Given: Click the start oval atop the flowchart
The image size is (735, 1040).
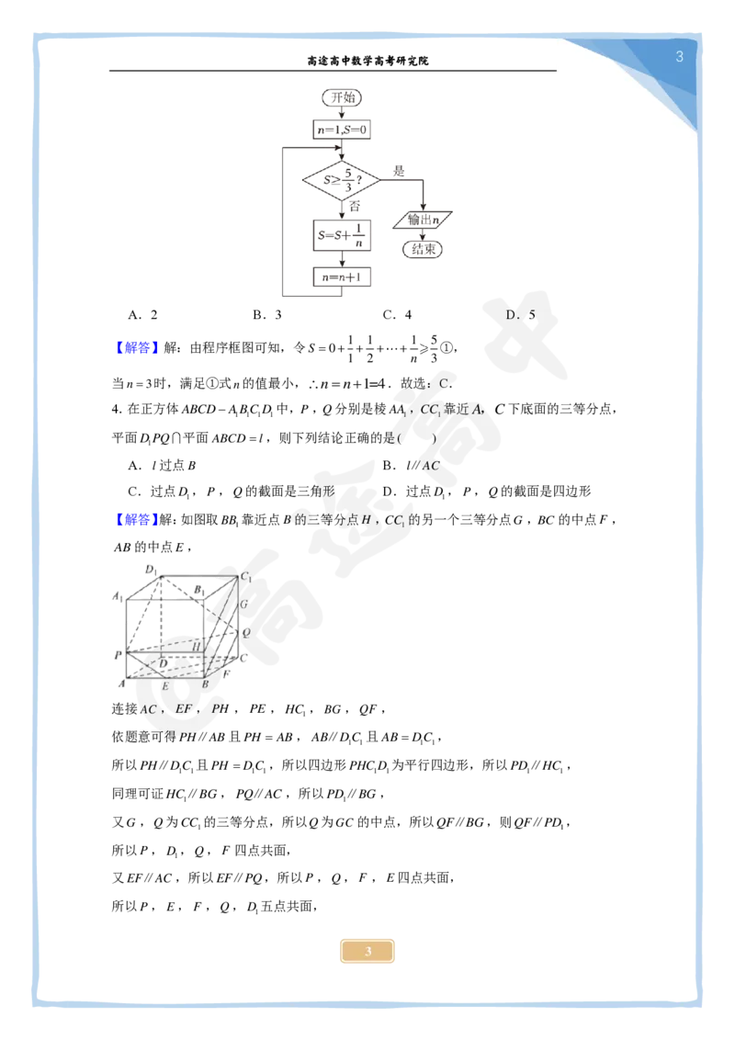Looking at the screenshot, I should click(x=341, y=96).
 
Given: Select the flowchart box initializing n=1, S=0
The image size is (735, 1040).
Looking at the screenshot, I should click(x=341, y=131).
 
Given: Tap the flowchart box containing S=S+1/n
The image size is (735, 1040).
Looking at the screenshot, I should click(x=342, y=235).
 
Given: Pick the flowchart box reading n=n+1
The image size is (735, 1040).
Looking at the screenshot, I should click(x=342, y=277).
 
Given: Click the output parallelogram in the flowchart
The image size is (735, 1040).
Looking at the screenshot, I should click(x=423, y=220).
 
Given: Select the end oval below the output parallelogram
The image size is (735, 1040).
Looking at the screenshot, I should click(x=423, y=249).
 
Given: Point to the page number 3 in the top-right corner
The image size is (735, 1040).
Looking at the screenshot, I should click(x=679, y=57).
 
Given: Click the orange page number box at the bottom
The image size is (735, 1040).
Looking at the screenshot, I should click(x=367, y=951).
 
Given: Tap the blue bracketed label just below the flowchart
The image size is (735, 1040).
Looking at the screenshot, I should click(x=136, y=348).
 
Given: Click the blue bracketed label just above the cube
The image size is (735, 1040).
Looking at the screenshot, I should click(x=136, y=520).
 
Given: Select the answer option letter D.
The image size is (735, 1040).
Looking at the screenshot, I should click(x=512, y=315).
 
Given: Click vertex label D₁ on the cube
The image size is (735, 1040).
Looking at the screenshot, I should click(x=150, y=569).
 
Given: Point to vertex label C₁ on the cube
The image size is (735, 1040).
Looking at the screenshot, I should click(x=245, y=576).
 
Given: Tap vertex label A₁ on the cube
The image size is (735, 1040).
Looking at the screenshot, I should click(x=118, y=597).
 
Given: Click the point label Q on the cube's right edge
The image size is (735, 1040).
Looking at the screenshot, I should click(x=245, y=632).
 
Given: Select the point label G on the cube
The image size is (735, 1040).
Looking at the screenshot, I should click(x=243, y=605).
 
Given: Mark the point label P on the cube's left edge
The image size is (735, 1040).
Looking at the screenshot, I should click(x=118, y=654).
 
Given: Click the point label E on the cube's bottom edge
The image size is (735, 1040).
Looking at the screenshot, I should click(x=165, y=685).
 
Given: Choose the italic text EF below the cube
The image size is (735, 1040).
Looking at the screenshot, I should click(x=184, y=708).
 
